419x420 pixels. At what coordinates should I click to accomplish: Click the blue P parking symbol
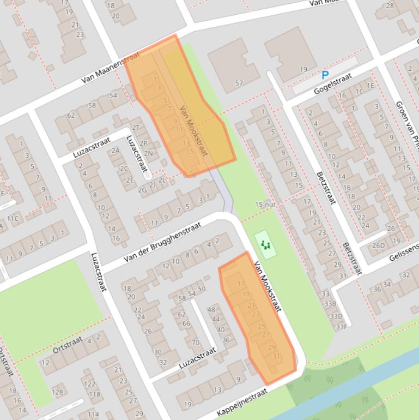coord(325,75)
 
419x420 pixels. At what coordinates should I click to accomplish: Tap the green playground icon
coord(265,245)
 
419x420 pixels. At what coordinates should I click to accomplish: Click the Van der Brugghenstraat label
coord(162,242)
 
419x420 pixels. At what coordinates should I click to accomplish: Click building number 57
coord(239,83)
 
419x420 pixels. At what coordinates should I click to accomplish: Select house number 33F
coord(341,327)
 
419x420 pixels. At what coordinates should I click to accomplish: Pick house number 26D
coord(378,245)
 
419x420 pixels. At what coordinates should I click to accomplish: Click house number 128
coord(57,392)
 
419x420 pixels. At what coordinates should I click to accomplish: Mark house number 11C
coord(13,219)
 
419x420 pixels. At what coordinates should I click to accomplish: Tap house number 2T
coord(136,127)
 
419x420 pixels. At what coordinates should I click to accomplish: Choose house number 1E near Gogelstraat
coord(371,85)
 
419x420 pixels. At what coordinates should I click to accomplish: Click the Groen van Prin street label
coord(406,122)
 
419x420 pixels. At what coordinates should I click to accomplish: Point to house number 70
coord(195,343)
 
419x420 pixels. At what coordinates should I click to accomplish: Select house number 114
coord(93,415)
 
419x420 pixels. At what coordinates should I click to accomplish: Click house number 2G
coord(142,190)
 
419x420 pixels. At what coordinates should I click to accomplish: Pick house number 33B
coord(330,304)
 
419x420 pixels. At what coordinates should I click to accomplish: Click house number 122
coord(89,385)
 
